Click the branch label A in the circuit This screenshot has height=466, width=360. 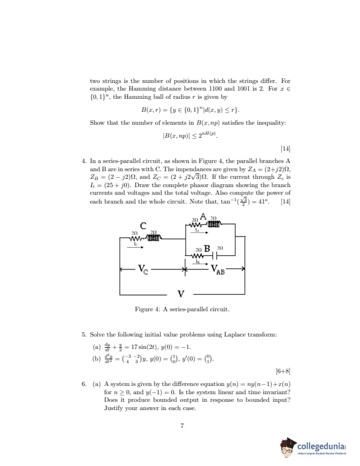pos(203,215)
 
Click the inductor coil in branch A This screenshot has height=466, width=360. pos(213,223)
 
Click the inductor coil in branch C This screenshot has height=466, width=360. pos(154,238)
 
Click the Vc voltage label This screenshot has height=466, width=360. pos(144,271)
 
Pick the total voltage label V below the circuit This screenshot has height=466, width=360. pos(181,294)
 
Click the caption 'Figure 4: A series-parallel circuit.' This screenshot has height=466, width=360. pos(182,309)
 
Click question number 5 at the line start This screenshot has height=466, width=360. pos(84,334)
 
